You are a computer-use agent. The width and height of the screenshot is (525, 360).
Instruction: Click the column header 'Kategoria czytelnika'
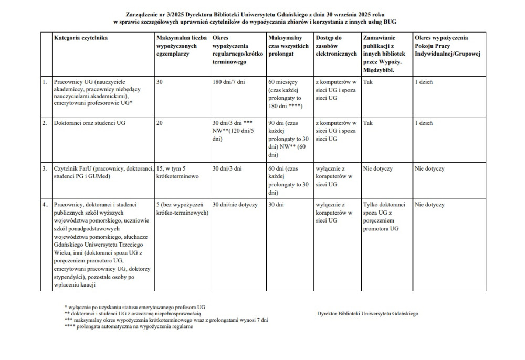[x=81, y=38]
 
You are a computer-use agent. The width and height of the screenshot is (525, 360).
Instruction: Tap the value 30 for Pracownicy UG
[x=160, y=82]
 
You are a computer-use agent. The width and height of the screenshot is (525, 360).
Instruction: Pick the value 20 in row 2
[x=160, y=123]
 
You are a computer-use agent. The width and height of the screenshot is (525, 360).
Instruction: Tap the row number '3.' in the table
[x=45, y=169]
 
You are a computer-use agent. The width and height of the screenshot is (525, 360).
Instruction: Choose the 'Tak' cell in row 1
[x=367, y=82]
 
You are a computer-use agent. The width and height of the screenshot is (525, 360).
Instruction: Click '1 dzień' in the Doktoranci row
[x=424, y=123]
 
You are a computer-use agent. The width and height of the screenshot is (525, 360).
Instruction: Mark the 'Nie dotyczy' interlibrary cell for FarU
[x=378, y=169]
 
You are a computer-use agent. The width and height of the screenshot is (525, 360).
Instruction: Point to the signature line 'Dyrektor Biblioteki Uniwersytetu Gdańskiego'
[x=367, y=313]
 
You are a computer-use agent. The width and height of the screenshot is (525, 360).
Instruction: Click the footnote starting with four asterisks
[x=129, y=326]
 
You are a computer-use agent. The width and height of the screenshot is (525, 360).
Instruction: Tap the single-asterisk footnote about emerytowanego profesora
[x=134, y=306]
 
